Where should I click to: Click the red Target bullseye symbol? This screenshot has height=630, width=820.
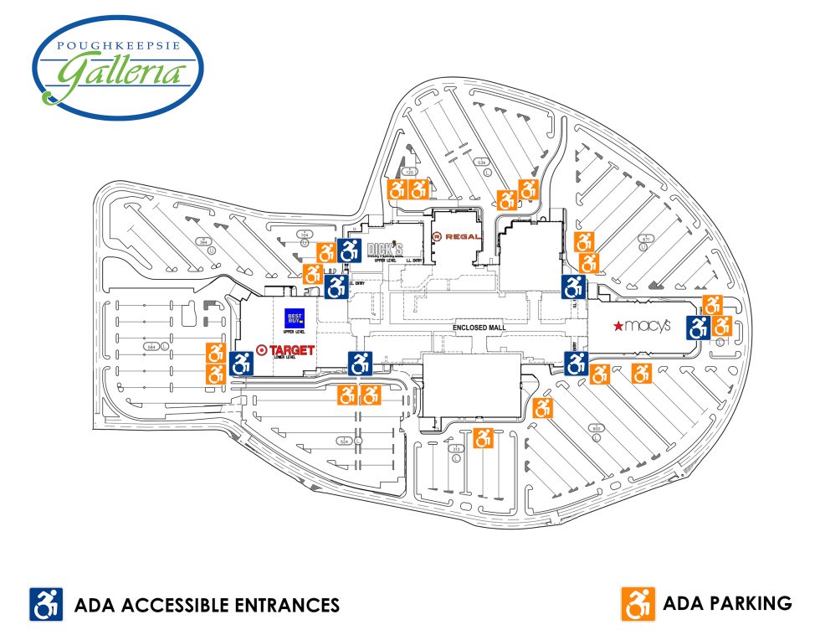262,350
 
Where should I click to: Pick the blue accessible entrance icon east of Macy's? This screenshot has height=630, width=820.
698,327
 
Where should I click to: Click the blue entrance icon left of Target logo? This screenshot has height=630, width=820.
241,364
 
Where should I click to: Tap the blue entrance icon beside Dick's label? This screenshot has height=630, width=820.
349,249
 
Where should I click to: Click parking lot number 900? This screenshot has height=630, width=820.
597,429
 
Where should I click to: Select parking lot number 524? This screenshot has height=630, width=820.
343,440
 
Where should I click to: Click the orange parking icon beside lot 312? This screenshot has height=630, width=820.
483,437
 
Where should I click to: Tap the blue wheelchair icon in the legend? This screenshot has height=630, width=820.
47,603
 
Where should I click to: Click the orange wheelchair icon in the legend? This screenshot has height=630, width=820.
638,602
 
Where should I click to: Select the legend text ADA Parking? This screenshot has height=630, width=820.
727,602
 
